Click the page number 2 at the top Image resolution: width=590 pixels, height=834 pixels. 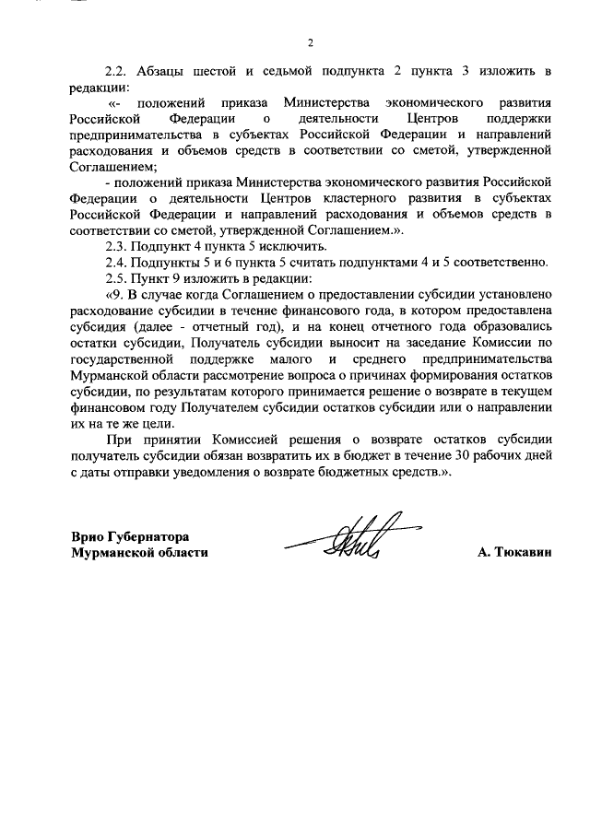point(311,41)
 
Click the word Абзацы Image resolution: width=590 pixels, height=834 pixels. point(162,71)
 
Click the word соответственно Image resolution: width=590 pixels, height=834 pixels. point(501,262)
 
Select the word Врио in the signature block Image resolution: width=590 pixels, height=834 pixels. point(89,536)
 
